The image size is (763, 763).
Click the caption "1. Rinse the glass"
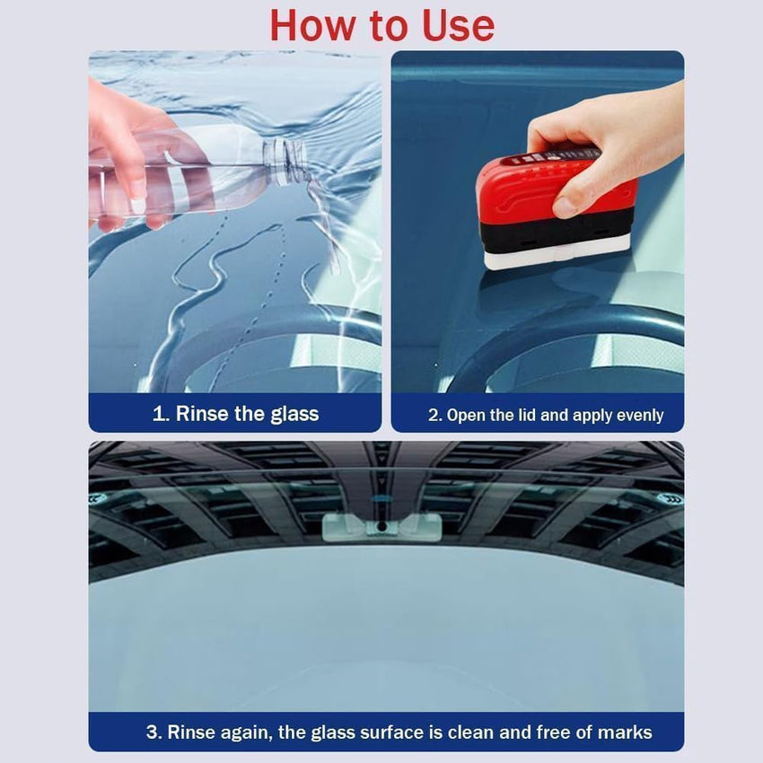click(235, 414)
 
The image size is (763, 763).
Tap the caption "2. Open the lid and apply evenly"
click(545, 415)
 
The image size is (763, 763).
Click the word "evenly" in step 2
click(639, 415)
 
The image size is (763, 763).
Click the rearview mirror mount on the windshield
click(381, 525)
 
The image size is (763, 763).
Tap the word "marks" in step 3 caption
click(624, 732)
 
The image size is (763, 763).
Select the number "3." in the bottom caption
click(154, 732)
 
